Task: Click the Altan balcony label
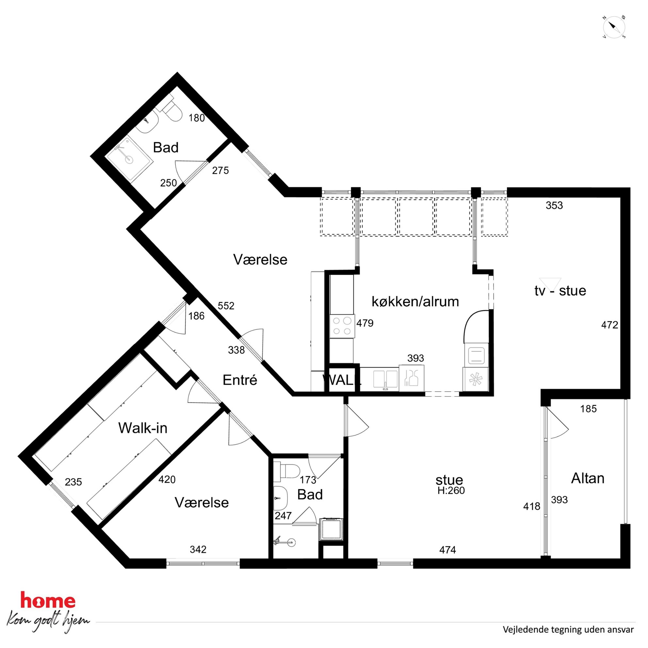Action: (x=588, y=478)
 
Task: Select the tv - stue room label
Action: (x=560, y=290)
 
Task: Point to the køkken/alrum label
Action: (x=415, y=301)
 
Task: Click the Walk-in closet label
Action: (x=142, y=428)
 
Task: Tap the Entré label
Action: (x=240, y=380)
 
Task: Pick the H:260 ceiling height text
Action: (x=451, y=490)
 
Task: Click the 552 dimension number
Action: (x=226, y=306)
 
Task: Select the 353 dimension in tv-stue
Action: (x=554, y=205)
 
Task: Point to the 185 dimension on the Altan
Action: (x=589, y=409)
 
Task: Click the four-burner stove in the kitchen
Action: (x=342, y=326)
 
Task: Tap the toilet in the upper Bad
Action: (x=171, y=110)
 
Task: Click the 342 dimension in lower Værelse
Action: (x=198, y=549)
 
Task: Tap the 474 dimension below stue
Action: (x=447, y=549)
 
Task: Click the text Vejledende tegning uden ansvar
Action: (x=568, y=629)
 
